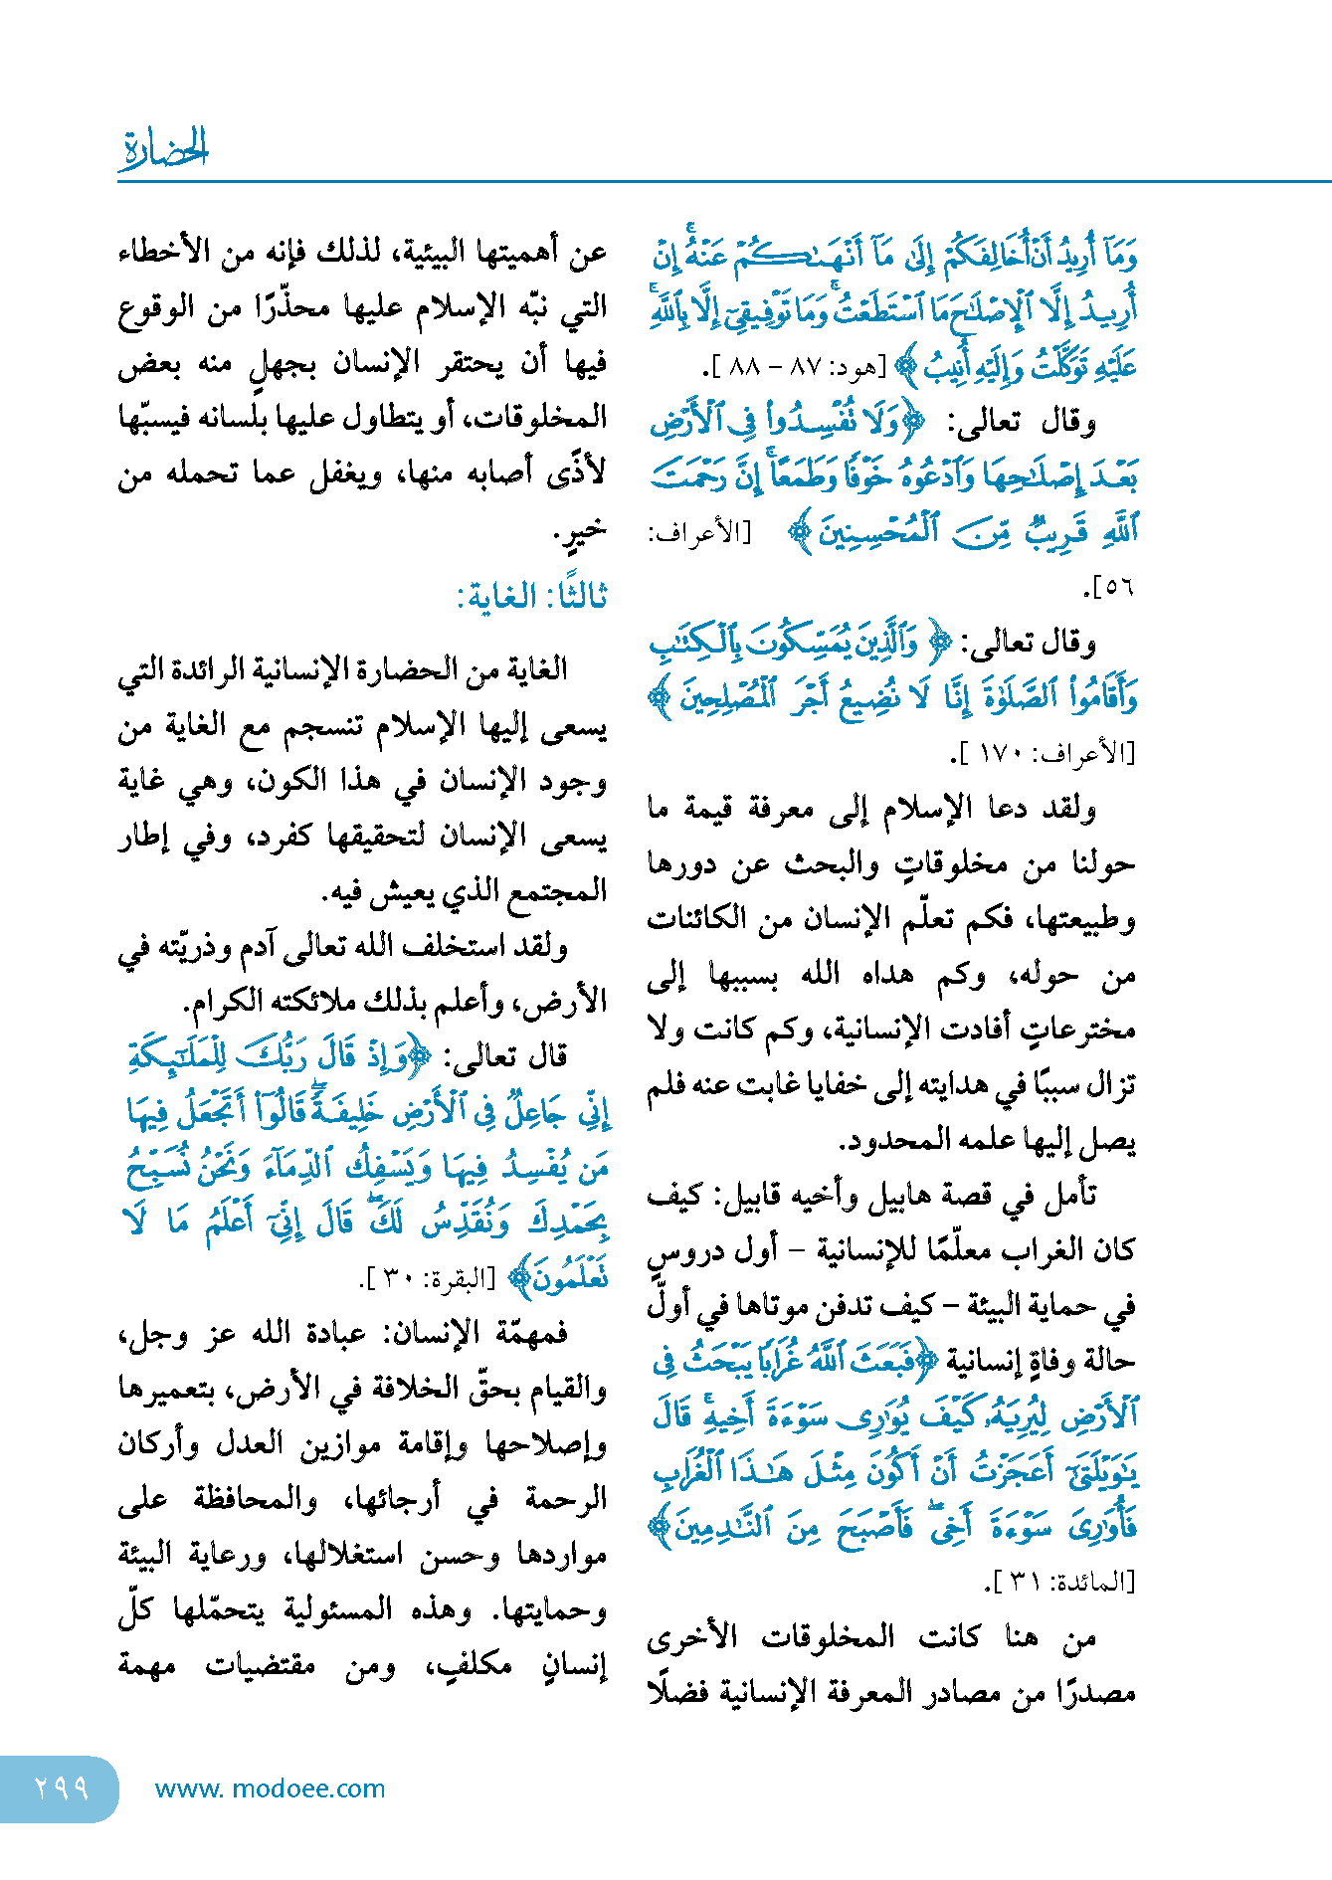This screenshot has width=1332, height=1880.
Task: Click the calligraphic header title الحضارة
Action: [164, 149]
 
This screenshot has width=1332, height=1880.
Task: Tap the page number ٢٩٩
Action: [62, 1787]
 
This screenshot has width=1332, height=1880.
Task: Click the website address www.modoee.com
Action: [271, 1788]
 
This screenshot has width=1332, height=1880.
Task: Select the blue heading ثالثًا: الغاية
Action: [531, 596]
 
